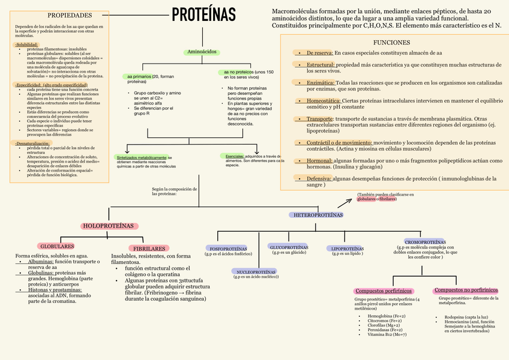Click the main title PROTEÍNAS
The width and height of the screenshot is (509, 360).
coord(204,14)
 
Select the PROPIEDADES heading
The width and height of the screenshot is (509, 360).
coord(70,15)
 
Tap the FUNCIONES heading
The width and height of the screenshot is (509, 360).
coord(391,43)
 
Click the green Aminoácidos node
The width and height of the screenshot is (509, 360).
coord(202,52)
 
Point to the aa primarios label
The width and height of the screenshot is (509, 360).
coord(139,77)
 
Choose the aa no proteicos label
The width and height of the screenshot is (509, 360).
coord(238,72)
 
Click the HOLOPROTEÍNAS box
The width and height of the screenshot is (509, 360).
coord(110,226)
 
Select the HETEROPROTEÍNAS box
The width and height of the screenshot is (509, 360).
coord(318,214)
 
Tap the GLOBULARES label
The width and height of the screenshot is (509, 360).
coord(57,246)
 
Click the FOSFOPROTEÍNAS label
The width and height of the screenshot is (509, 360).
coord(228,248)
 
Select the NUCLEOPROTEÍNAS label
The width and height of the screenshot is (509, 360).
coord(256,271)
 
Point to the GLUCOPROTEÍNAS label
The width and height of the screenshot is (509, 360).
coord(289,247)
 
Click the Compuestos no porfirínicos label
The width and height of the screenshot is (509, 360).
coord(466,290)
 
